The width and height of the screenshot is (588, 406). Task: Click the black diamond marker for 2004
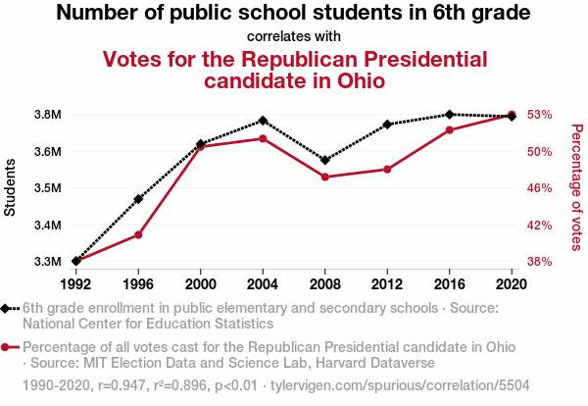[263, 121]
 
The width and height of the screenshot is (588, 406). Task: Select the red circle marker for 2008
[325, 177]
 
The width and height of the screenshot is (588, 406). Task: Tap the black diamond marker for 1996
[138, 199]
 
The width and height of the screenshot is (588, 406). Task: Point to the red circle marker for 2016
[450, 129]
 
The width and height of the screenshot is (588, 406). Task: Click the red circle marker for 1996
[138, 235]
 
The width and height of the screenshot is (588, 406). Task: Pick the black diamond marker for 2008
[325, 160]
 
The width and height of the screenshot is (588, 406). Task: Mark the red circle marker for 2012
[387, 170]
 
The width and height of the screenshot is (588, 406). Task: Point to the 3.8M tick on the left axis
[48, 114]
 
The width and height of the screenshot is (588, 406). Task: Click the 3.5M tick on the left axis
[48, 187]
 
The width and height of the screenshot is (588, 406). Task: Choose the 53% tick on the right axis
[541, 114]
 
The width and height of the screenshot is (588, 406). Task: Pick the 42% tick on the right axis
[541, 225]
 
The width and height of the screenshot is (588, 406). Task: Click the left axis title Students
[11, 187]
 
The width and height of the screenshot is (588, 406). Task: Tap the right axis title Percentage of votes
[576, 187]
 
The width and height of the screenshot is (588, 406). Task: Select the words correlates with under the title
[293, 37]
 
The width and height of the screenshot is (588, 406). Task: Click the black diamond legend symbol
[9, 308]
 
